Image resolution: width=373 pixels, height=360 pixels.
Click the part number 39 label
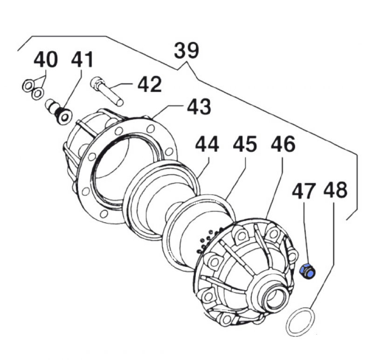click(186, 50)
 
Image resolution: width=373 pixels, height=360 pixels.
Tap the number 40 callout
click(46, 61)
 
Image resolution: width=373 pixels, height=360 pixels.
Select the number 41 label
click(82, 61)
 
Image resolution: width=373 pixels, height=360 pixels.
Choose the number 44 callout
click(207, 145)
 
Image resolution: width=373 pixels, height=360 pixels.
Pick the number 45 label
click(245, 145)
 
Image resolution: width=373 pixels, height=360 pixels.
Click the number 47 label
click(304, 191)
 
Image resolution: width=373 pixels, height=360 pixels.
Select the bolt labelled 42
click(106, 90)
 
